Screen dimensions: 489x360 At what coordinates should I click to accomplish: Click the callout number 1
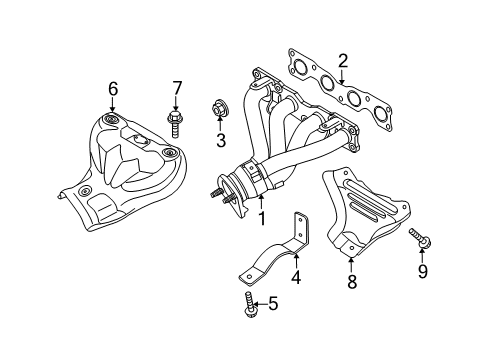coord(262,219)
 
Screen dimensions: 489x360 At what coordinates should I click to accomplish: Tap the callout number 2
coord(342,61)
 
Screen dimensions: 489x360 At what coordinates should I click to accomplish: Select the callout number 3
coord(221,140)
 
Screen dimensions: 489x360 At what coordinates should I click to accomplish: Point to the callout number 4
coord(296,277)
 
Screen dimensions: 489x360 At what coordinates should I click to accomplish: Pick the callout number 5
coord(273,303)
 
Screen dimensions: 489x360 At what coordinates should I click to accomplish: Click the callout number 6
coord(113,89)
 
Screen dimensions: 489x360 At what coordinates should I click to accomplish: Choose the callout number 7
coord(177,88)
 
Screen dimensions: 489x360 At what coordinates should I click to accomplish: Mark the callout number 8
coord(352,281)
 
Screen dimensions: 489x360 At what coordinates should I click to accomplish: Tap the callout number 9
coord(422,271)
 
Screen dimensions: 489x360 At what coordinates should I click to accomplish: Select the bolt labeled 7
coord(174,124)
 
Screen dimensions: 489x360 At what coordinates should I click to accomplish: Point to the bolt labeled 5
coord(248,304)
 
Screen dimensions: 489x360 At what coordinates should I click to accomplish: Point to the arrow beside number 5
coord(260,304)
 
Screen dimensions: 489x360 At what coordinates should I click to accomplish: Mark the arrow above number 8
coord(351,265)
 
